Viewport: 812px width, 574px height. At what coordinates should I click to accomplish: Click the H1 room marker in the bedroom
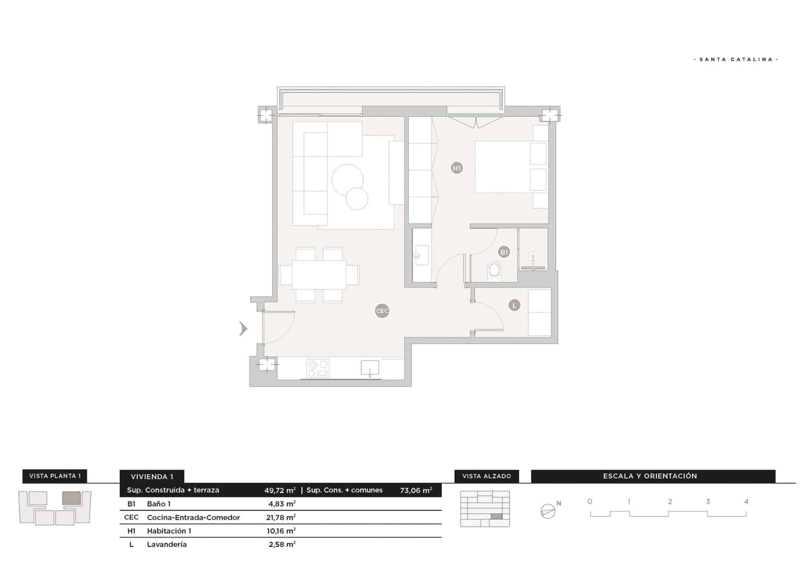point(457,168)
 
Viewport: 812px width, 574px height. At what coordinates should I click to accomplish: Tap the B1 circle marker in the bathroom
point(504,252)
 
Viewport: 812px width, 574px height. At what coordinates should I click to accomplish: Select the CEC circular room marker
point(382,311)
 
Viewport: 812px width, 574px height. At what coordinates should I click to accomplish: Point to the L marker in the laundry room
point(514,306)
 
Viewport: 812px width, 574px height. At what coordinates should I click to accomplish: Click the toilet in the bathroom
point(494,272)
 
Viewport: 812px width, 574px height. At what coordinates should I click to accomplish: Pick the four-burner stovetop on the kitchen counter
point(318,368)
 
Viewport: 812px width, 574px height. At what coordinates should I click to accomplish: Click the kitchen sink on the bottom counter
point(370,368)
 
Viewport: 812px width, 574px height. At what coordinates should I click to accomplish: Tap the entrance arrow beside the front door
point(244,328)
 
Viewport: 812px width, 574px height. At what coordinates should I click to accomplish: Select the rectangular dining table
point(319,275)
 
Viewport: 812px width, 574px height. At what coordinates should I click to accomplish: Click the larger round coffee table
point(347,180)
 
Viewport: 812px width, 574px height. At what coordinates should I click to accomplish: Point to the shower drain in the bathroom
point(532,256)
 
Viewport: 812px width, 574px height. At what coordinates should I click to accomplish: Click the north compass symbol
point(548,511)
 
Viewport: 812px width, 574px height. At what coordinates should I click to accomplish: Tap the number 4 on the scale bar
point(746,501)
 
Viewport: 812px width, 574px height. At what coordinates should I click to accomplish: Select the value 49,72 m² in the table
point(280,491)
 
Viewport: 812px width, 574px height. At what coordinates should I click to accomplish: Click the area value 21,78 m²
point(281,518)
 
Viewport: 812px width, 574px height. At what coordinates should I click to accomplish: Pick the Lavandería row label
point(167,544)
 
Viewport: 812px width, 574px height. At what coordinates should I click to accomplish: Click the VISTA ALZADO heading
point(487,476)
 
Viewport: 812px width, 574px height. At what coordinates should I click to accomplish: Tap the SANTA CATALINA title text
point(736,59)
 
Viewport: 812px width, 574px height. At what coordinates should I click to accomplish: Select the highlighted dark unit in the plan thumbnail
point(71,498)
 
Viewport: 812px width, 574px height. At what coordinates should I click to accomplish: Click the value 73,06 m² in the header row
point(416,491)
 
